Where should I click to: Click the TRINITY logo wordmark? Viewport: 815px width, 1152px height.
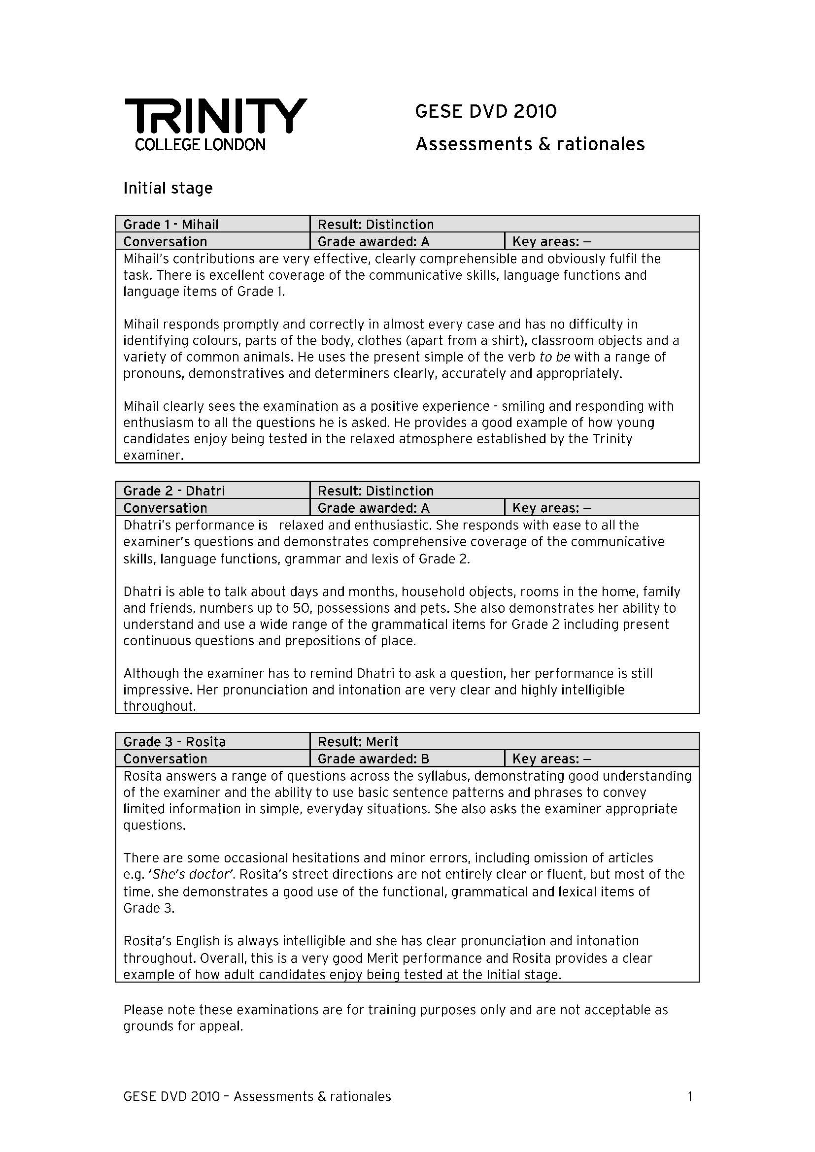(x=216, y=115)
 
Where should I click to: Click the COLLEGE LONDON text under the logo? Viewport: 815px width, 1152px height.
(x=200, y=145)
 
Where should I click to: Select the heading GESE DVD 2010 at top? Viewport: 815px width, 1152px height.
(x=486, y=111)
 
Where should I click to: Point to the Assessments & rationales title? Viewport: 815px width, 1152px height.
(x=530, y=144)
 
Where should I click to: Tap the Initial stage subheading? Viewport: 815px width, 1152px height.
(x=168, y=188)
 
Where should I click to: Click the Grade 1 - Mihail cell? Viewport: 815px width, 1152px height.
(x=171, y=224)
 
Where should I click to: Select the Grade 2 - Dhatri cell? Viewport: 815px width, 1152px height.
(x=174, y=491)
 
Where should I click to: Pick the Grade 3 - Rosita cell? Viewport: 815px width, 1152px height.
(x=174, y=742)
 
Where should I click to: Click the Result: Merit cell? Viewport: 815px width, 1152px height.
(x=358, y=742)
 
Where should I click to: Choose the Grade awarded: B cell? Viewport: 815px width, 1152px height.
(x=374, y=758)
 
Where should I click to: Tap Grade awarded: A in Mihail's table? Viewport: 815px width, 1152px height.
(x=374, y=242)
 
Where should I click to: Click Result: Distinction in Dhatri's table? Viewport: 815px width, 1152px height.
(x=375, y=491)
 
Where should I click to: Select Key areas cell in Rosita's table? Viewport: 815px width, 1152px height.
(x=551, y=758)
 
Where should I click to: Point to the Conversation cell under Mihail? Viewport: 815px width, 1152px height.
(x=165, y=242)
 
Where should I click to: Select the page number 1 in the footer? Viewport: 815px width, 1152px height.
(x=689, y=1097)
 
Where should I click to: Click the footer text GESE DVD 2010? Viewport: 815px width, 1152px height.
(x=171, y=1097)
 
